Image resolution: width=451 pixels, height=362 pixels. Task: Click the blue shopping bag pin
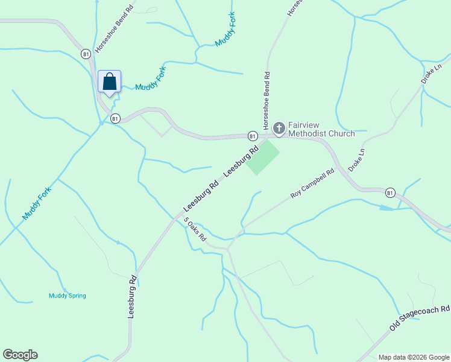tap(109, 81)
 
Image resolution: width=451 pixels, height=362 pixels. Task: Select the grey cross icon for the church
tap(279, 128)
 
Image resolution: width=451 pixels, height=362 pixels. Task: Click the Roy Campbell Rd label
tap(312, 184)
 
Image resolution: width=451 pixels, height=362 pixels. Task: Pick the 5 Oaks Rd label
tap(195, 229)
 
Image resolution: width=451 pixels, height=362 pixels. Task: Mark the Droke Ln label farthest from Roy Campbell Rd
tap(431, 72)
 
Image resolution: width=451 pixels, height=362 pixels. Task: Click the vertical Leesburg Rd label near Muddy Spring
tap(132, 297)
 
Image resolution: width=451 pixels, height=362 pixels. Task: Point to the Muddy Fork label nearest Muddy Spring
tap(37, 203)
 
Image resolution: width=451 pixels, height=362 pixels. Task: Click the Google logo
tap(20, 355)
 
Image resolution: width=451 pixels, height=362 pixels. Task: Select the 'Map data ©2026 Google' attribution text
tap(413, 357)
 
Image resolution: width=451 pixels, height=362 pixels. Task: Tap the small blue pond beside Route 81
tap(386, 208)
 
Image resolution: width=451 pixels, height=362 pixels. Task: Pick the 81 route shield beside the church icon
tap(253, 136)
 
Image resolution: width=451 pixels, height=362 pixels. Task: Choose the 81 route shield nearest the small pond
tap(390, 193)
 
